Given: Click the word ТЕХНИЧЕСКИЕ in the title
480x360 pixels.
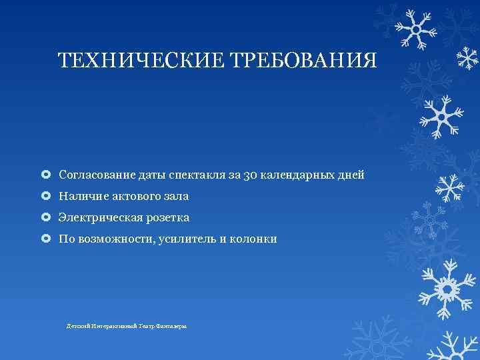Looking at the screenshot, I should click(141, 62).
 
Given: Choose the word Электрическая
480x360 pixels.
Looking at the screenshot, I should click(97, 218).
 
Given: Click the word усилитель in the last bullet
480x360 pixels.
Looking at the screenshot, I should click(185, 239).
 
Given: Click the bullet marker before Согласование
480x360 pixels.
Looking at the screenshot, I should click(45, 175).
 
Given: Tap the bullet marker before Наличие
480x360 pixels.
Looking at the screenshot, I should click(45, 197).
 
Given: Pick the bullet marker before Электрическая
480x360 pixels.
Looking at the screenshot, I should click(45, 218).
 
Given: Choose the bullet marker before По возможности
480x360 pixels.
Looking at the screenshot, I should click(45, 239).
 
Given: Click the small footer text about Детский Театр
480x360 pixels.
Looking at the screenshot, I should click(127, 326).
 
